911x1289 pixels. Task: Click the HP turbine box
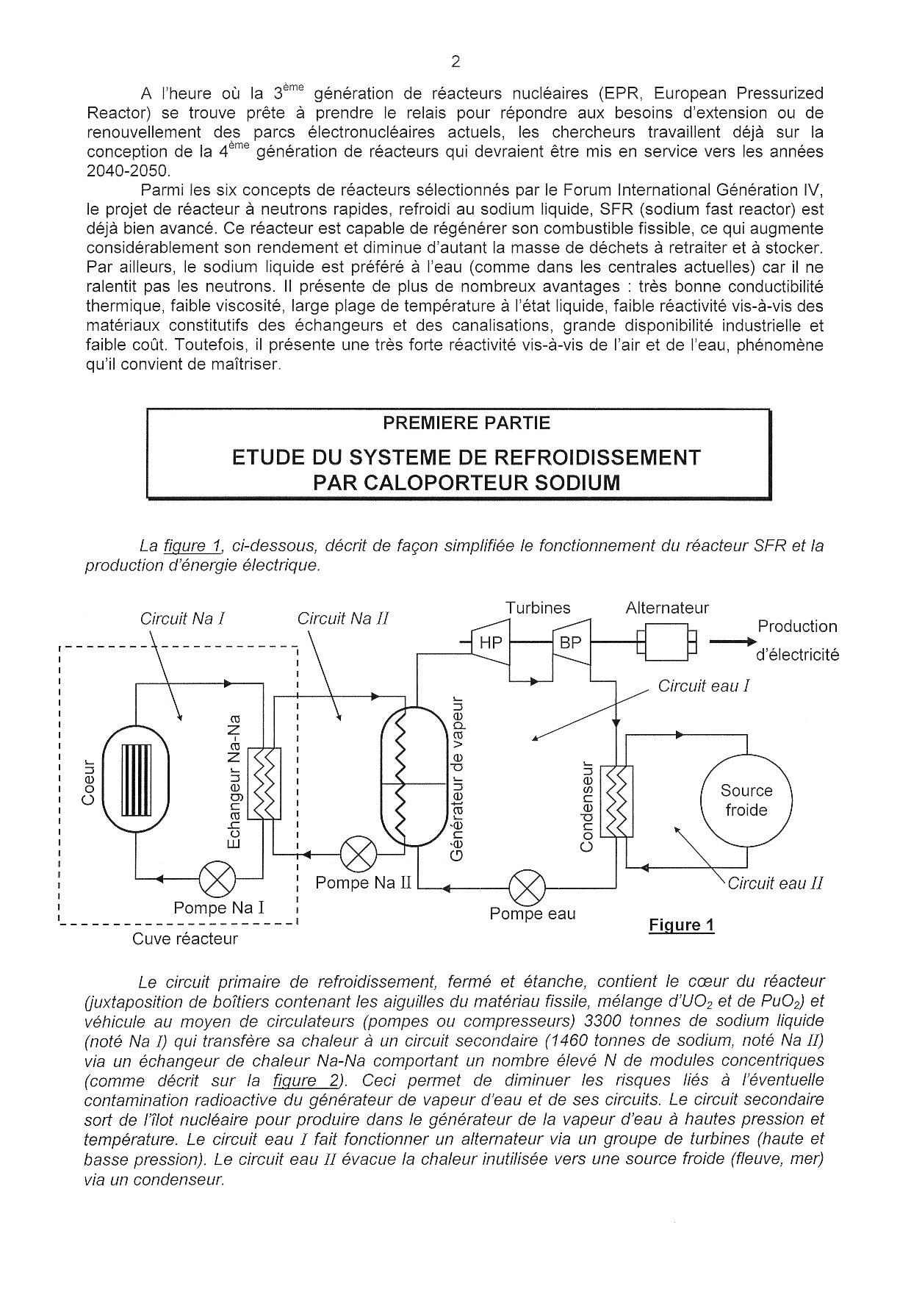(x=490, y=643)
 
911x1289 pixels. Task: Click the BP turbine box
(x=570, y=643)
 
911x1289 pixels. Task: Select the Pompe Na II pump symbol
(x=359, y=854)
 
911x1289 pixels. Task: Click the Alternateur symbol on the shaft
(x=666, y=642)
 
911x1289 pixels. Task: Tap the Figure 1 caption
(x=681, y=924)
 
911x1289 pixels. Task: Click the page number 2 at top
(x=455, y=62)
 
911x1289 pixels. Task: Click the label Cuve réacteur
(x=185, y=938)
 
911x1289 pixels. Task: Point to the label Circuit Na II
(x=342, y=619)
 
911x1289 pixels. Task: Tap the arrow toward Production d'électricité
(x=730, y=642)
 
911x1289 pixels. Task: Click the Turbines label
(x=537, y=608)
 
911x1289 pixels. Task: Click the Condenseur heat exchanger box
(x=616, y=800)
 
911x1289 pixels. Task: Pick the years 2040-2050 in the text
(x=128, y=170)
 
